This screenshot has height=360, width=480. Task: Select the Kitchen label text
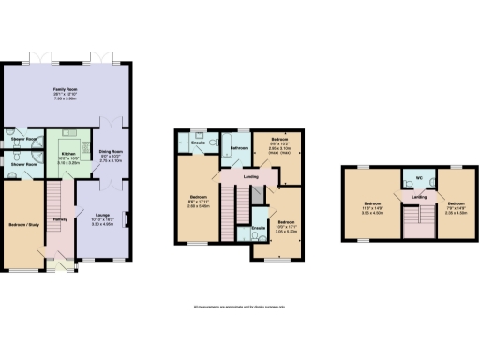click(68, 153)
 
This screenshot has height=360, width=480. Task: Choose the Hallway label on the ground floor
click(60, 220)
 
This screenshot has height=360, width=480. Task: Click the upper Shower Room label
click(19, 140)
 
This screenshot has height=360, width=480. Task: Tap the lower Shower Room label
click(19, 162)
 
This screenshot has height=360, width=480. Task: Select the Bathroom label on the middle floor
click(238, 148)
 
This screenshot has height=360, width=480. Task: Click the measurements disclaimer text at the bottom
click(239, 307)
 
